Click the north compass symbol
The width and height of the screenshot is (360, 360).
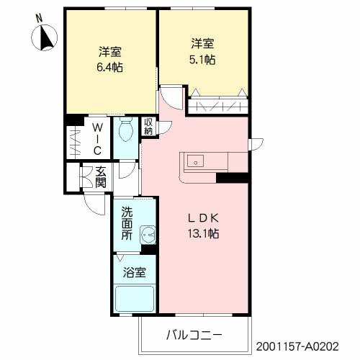coord(45,37)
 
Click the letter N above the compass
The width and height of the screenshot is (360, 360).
coord(39,19)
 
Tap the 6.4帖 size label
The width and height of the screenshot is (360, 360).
coord(109,68)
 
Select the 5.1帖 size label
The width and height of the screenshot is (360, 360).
coord(202,60)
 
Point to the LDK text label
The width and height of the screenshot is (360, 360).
coord(203,218)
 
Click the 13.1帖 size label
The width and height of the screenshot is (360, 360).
coord(203,233)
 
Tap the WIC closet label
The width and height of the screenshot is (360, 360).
coord(97,139)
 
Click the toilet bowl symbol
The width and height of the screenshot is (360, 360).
coord(126,130)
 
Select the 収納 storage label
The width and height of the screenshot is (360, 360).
coord(148,127)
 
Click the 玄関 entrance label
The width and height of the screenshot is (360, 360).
coord(101,177)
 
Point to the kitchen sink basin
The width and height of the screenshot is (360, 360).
coord(196,161)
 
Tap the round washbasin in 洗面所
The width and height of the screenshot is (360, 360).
coord(148,235)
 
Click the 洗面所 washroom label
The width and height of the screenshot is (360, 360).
coord(127,223)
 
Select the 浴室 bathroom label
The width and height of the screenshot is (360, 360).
coord(135,273)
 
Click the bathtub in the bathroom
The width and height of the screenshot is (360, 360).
coord(135,299)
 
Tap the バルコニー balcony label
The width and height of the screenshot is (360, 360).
coord(194,335)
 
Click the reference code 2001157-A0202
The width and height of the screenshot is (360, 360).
coord(297,346)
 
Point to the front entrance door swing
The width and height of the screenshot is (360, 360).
coord(95,204)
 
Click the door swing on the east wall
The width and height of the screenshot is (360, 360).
coord(257,145)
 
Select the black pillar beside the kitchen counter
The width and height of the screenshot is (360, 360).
coord(232,178)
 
